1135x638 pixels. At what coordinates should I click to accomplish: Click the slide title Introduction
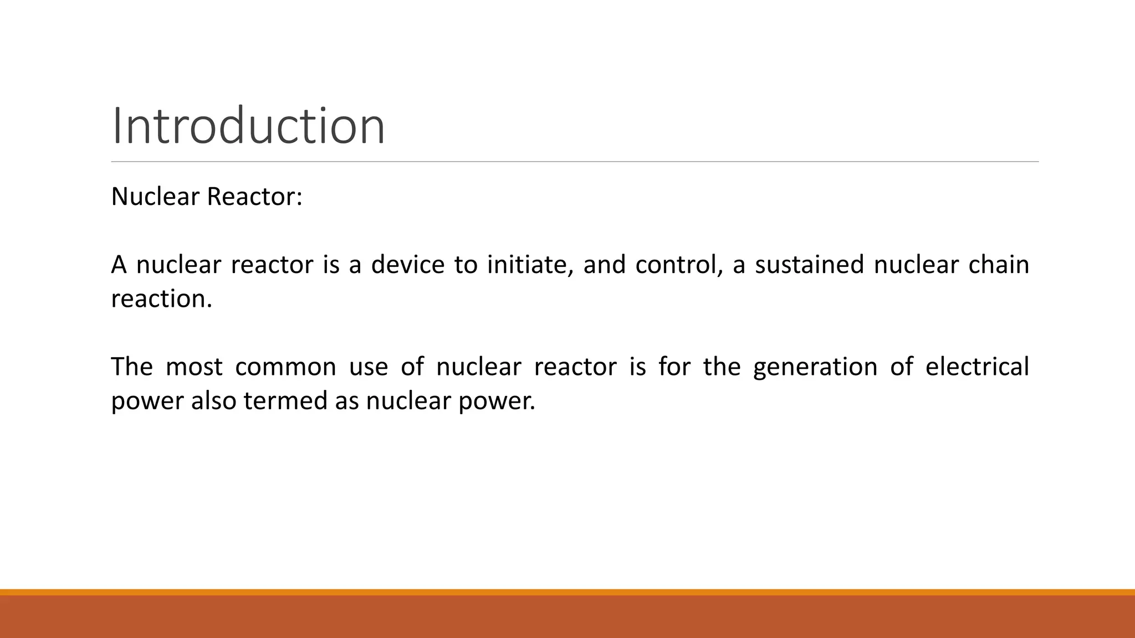(x=248, y=126)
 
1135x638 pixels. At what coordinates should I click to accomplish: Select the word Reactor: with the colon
(x=254, y=197)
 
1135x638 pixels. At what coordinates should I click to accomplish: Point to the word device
(x=407, y=265)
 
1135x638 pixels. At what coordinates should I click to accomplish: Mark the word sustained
(x=809, y=265)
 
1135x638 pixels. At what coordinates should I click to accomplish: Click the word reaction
(x=161, y=299)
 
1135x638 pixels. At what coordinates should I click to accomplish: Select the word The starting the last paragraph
(x=132, y=367)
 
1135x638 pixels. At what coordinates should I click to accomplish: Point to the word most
(x=194, y=367)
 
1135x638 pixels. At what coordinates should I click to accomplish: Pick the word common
(x=285, y=367)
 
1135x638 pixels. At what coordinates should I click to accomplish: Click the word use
(x=369, y=367)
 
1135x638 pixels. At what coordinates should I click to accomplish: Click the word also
(x=213, y=401)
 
